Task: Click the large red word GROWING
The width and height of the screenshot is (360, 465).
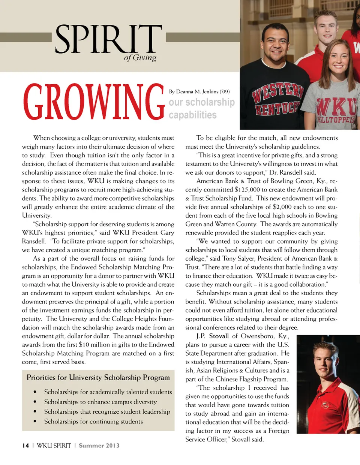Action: [x=94, y=102]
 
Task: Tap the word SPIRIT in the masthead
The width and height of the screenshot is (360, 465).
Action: [x=108, y=39]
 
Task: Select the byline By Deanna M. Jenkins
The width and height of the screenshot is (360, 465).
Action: [x=199, y=91]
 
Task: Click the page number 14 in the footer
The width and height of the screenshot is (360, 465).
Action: [x=25, y=446]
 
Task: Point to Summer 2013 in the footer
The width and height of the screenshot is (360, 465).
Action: [x=99, y=446]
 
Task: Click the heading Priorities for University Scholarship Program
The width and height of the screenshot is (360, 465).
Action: [x=98, y=378]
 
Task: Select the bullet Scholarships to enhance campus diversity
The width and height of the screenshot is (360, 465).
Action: [x=100, y=402]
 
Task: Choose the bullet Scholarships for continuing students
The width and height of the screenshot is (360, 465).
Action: [x=93, y=422]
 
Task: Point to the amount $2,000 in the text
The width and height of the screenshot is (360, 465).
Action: [x=281, y=207]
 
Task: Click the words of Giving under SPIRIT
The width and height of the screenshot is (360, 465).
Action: [x=140, y=58]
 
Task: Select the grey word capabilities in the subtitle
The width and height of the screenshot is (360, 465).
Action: [x=192, y=115]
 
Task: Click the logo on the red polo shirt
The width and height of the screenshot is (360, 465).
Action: [x=325, y=405]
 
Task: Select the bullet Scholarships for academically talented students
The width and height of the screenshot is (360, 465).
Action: [x=108, y=392]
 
